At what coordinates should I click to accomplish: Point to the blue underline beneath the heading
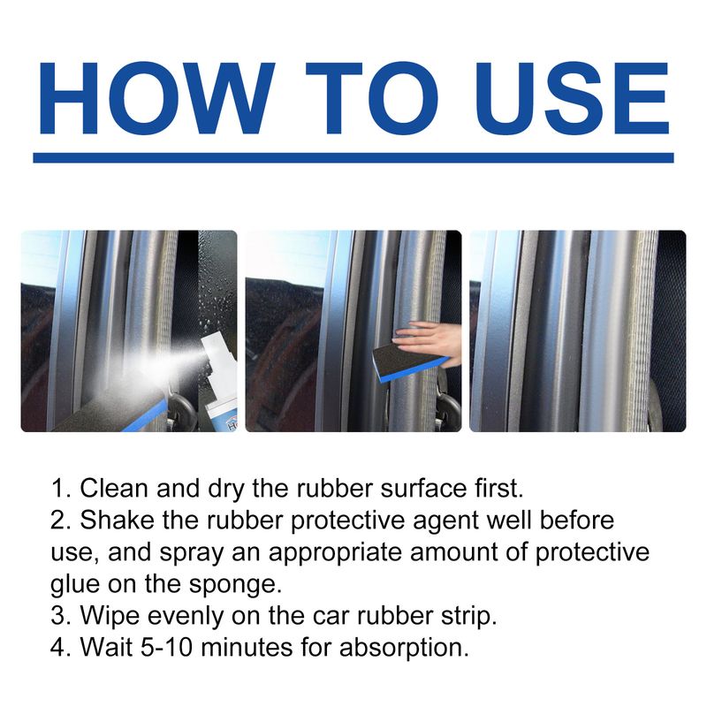(353, 157)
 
